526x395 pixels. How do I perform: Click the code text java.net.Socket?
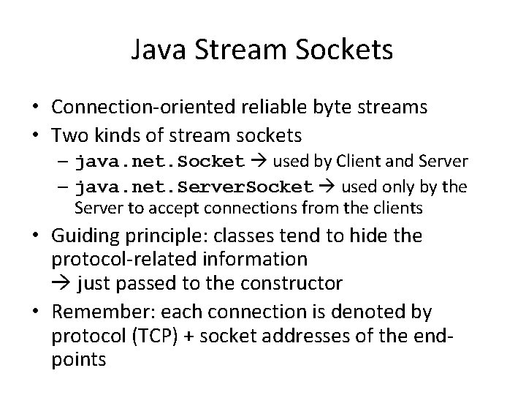pos(161,161)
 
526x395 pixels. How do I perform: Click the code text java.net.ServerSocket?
pos(195,187)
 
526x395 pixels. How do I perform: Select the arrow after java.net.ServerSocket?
pos(328,187)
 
